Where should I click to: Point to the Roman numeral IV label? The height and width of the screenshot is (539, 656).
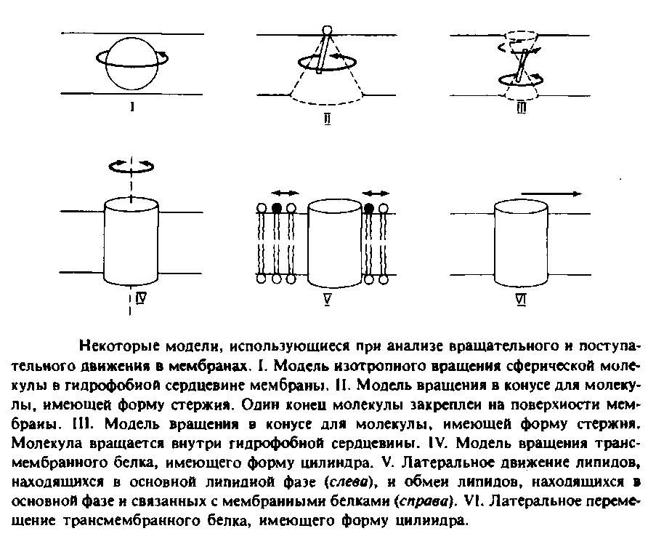(x=140, y=298)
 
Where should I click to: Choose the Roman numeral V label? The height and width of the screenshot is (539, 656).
(x=328, y=298)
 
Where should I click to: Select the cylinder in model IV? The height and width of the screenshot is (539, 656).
(x=131, y=241)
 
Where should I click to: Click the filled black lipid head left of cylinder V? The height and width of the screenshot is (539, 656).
(x=276, y=208)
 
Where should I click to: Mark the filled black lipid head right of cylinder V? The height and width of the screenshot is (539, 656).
(x=370, y=208)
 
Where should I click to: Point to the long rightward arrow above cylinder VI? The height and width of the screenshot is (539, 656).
(x=550, y=193)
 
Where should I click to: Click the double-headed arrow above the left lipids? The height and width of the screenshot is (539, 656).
(x=284, y=193)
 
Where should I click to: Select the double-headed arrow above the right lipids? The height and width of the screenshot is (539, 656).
(x=376, y=193)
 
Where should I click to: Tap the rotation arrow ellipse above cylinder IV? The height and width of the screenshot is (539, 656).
(x=131, y=167)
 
